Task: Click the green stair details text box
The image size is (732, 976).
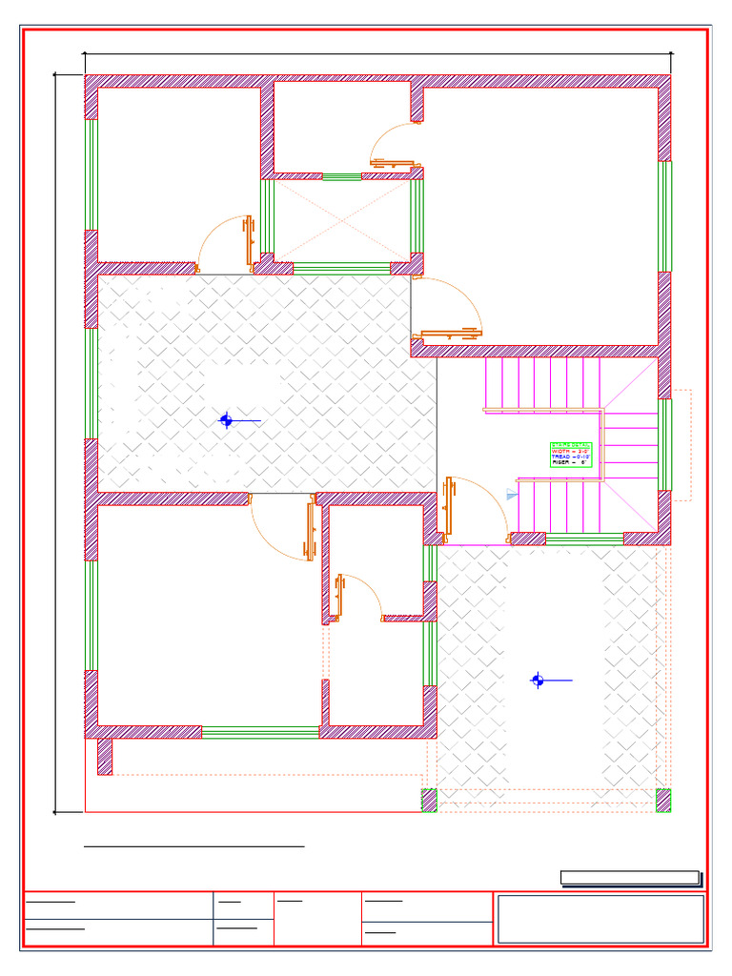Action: coord(571,454)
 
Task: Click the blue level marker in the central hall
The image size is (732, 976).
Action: coord(226,419)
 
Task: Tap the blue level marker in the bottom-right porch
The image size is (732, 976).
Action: coord(538,680)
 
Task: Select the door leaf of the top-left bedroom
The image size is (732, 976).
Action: coord(250,240)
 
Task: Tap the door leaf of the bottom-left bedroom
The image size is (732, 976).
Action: coord(310,530)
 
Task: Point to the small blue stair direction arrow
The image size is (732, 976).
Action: coord(512,496)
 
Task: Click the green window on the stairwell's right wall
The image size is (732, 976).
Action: coord(665,443)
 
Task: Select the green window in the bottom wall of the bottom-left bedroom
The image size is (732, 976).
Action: coord(260,732)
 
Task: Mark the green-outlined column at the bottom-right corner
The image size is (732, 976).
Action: coord(663,801)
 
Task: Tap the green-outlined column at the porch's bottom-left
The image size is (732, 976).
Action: coord(429,801)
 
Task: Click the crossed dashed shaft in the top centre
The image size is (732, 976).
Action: coord(341,221)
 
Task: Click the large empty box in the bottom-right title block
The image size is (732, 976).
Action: coord(600,919)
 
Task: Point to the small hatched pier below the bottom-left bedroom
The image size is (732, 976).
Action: coord(105,757)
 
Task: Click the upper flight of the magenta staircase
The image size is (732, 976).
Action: coord(543,383)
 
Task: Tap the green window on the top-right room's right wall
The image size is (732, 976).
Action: coord(665,216)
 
